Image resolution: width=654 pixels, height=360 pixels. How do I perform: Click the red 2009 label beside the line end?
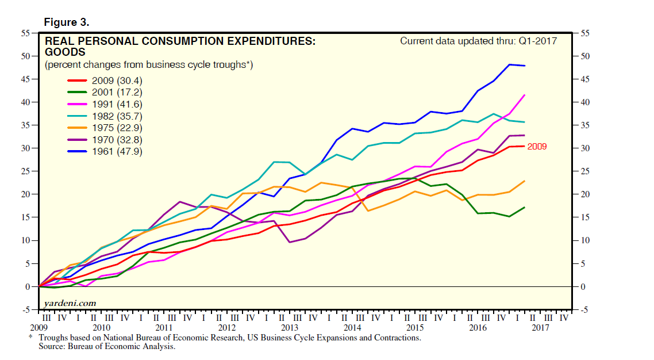[x=537, y=147]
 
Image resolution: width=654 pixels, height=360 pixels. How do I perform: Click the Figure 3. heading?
[x=67, y=23]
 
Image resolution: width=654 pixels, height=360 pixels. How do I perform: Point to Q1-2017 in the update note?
[x=538, y=41]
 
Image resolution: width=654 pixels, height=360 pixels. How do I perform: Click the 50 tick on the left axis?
[x=26, y=56]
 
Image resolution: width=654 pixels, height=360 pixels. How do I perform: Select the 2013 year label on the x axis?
[x=289, y=328]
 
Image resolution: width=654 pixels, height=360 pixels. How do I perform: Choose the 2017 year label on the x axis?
[x=540, y=328]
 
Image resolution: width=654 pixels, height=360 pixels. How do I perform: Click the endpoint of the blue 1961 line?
[x=525, y=66]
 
